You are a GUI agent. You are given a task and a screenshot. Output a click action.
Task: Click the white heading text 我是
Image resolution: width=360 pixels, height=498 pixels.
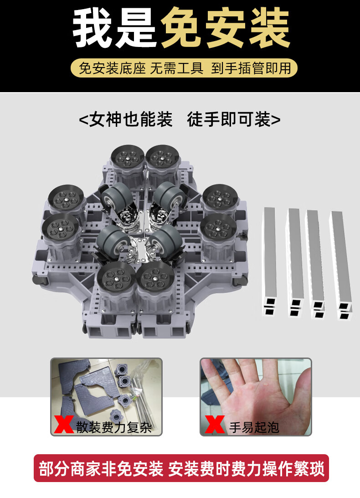point(114,28)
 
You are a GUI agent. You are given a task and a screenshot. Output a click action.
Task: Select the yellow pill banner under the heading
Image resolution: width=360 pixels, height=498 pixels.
point(184,68)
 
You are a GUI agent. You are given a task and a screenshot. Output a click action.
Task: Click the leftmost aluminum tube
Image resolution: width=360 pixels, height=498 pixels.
point(270,262)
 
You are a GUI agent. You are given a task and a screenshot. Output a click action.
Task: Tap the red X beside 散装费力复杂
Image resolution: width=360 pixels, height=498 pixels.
point(63,424)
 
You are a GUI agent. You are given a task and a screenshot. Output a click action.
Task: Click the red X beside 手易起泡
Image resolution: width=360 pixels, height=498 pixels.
point(215,424)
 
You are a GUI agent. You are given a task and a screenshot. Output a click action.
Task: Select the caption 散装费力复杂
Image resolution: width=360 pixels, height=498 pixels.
point(114,427)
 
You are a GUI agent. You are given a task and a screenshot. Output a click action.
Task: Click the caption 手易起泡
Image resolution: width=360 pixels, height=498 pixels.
point(254,427)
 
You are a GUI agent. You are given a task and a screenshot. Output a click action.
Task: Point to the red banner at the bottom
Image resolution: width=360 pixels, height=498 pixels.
point(181,468)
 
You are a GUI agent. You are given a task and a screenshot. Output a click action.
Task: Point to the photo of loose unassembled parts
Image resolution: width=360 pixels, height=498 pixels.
point(106,397)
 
